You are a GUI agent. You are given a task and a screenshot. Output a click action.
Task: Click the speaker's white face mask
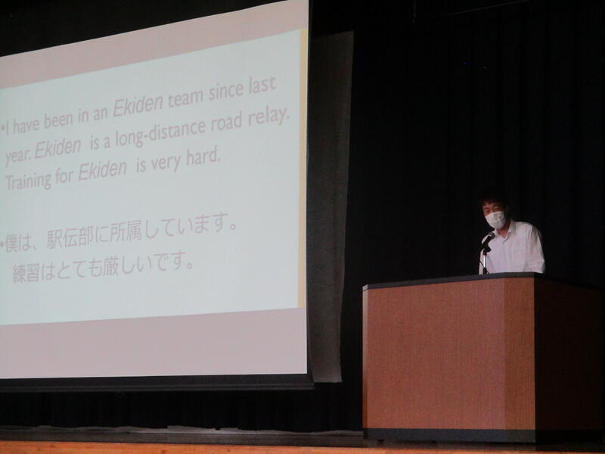(x=495, y=219)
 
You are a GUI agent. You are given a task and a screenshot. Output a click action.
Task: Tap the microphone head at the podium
(x=489, y=238)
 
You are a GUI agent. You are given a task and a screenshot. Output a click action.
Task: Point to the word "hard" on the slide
(x=203, y=157)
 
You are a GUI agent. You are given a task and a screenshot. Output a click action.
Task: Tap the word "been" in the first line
(x=58, y=120)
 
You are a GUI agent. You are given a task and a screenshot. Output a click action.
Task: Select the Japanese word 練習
(x=26, y=273)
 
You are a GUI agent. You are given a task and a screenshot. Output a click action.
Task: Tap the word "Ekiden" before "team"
(x=138, y=105)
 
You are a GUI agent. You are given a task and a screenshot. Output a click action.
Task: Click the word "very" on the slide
(x=166, y=163)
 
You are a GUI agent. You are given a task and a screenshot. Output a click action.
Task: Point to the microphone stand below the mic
(x=484, y=260)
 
